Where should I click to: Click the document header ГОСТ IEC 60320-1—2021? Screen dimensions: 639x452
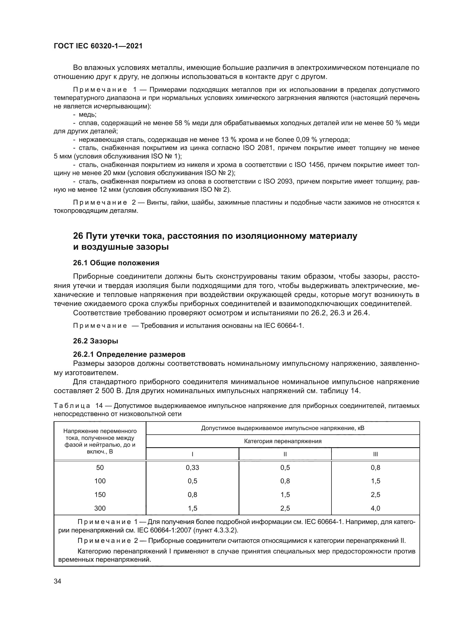(x=98, y=46)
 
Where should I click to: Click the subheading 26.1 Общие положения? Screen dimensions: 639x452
(x=116, y=263)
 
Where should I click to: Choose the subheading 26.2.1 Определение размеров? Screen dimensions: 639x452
(x=129, y=354)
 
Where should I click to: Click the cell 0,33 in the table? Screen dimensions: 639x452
(x=192, y=467)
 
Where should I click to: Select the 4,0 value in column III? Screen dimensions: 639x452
(x=375, y=508)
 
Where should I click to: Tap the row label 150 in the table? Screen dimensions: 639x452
(x=100, y=494)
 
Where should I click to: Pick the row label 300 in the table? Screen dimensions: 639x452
(x=100, y=508)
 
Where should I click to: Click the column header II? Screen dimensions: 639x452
(x=285, y=454)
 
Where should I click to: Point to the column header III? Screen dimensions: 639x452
(x=375, y=454)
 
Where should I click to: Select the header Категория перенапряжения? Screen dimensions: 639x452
(x=283, y=441)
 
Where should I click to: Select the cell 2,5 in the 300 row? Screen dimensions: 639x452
(x=285, y=508)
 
